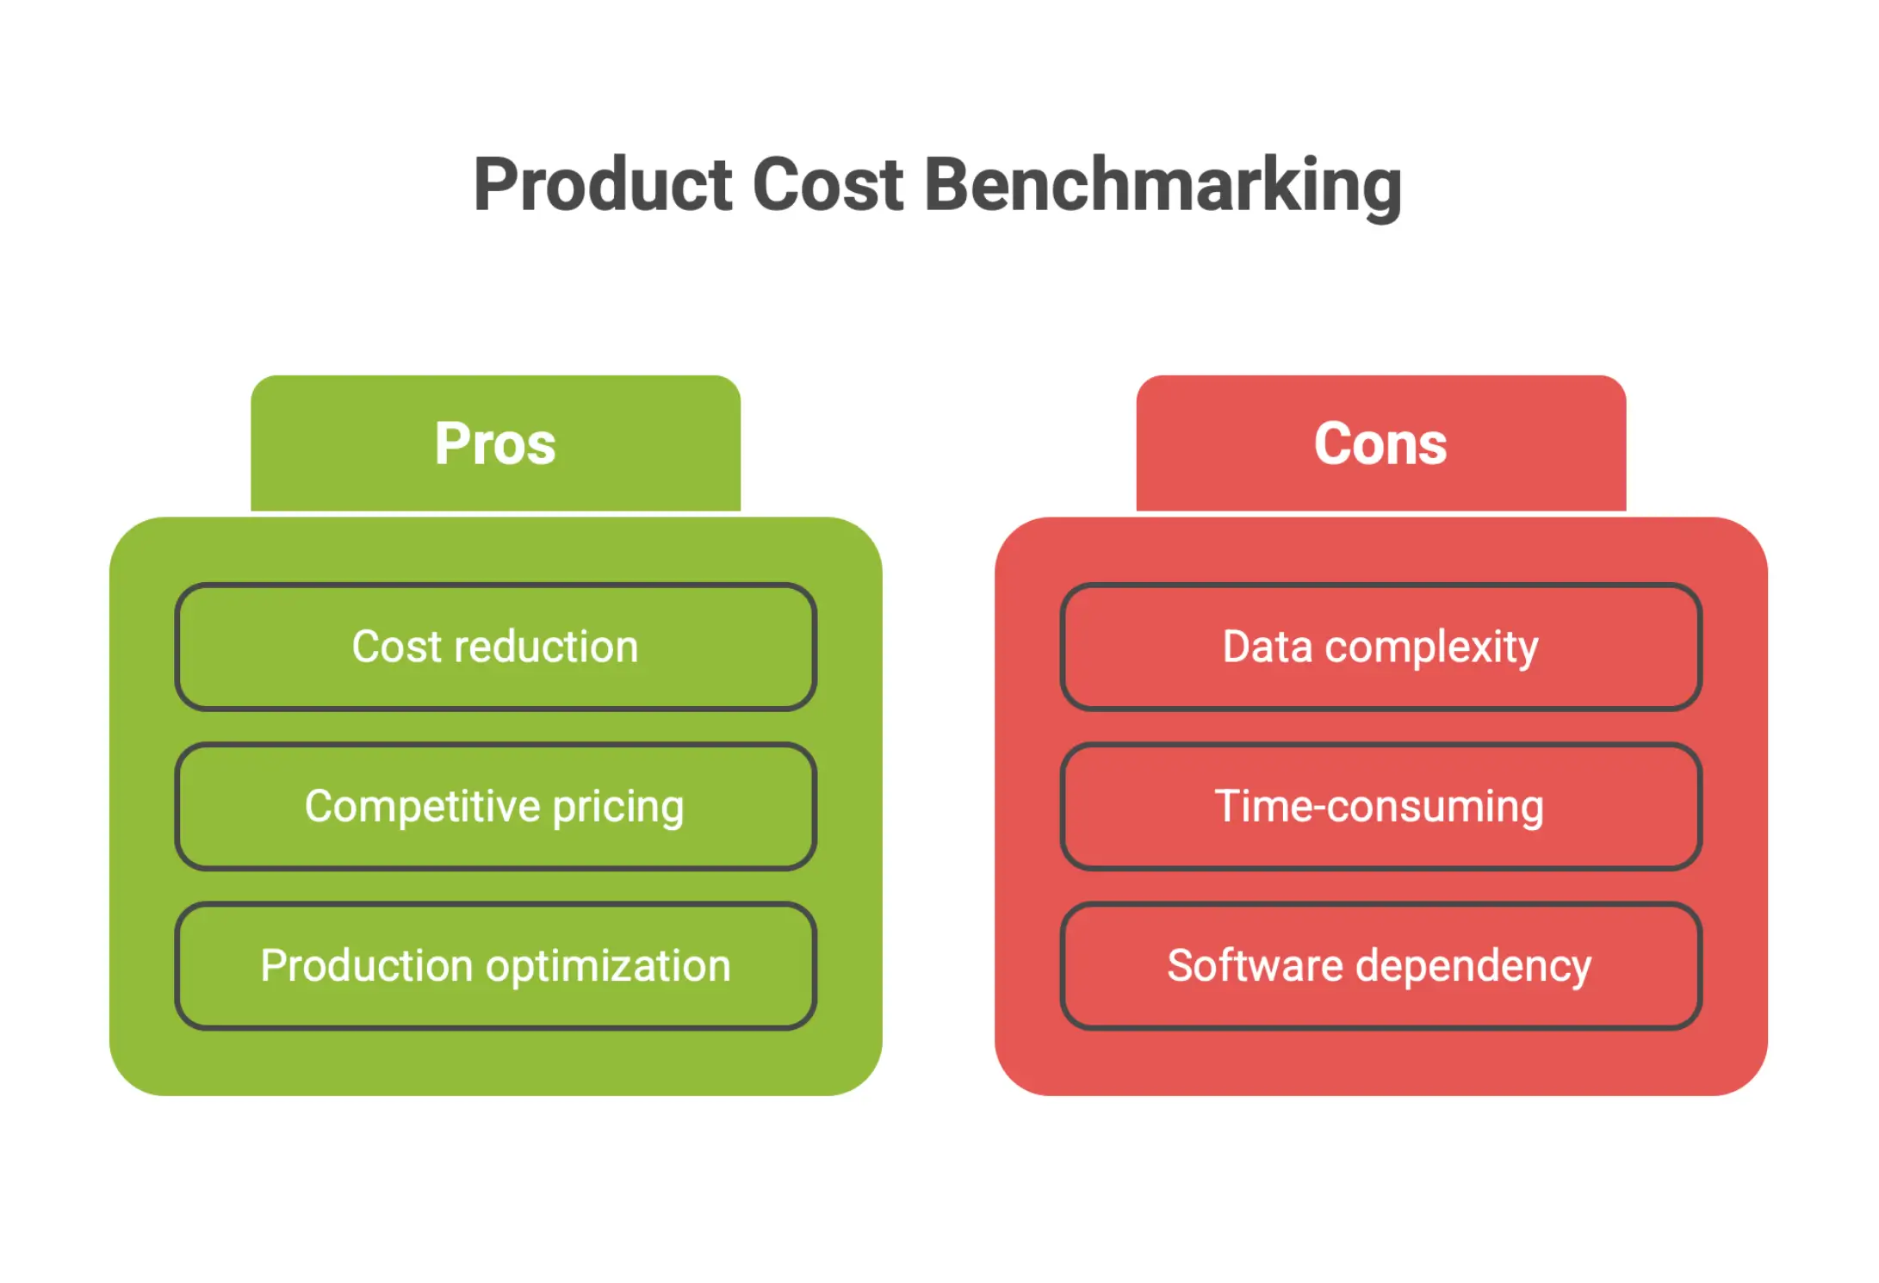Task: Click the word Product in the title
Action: (x=602, y=185)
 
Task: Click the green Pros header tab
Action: (x=495, y=443)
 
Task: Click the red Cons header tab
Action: (x=1380, y=443)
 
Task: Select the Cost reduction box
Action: (x=495, y=647)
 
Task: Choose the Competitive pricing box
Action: (x=495, y=807)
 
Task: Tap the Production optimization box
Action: (x=495, y=965)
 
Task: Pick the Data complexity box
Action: (x=1380, y=647)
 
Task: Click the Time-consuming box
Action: (x=1380, y=807)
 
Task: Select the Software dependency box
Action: (x=1380, y=965)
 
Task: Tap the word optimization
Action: (x=608, y=966)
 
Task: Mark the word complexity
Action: (x=1431, y=648)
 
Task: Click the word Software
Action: (x=1255, y=965)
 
